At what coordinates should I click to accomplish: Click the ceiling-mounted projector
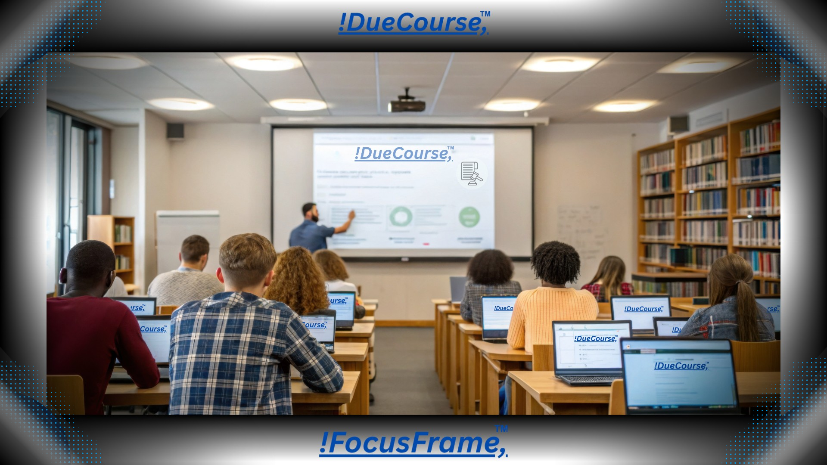click(x=407, y=105)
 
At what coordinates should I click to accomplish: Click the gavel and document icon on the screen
click(x=471, y=173)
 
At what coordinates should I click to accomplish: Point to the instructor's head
click(x=310, y=211)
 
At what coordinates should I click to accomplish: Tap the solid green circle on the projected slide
click(x=469, y=217)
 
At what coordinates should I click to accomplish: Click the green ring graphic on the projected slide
click(x=401, y=216)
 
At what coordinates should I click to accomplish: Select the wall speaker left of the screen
click(x=175, y=130)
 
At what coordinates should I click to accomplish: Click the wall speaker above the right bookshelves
click(x=679, y=124)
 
